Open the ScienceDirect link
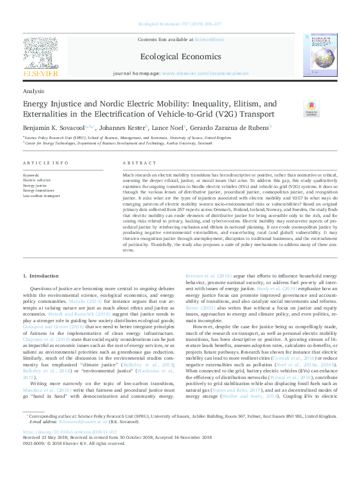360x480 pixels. coord(209,39)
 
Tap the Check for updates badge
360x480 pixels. coord(311,108)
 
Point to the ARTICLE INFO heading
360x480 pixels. coord(45,164)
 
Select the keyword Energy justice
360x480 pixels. coord(35,186)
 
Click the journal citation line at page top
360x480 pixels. coord(180,7)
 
